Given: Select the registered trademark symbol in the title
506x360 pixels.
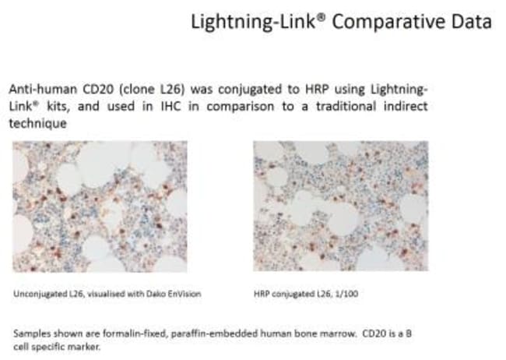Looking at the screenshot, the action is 321,17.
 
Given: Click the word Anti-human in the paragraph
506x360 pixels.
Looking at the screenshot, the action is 43,89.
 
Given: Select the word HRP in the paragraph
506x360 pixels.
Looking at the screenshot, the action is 317,89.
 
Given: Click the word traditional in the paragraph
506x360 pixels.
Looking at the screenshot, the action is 346,106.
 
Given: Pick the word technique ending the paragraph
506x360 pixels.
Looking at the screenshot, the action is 38,123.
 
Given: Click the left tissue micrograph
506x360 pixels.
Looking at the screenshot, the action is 100,206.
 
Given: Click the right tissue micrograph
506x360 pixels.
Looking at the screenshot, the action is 341,206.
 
